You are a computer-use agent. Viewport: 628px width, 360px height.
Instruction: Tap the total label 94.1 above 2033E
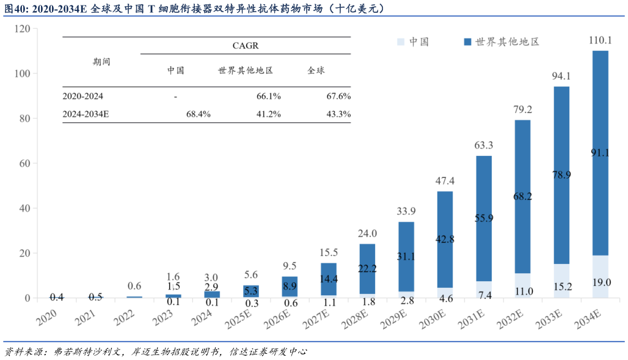click(561, 76)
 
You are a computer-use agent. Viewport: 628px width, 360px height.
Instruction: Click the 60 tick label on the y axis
click(25, 163)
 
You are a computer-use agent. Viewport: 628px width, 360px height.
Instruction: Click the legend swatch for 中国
click(401, 42)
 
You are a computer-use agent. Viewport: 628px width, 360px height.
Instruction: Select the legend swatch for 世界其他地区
click(467, 42)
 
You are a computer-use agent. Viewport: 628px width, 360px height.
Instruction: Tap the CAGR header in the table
click(246, 45)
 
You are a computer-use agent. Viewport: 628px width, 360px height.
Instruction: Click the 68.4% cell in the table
click(198, 114)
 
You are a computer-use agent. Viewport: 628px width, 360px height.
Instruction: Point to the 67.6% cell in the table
click(338, 96)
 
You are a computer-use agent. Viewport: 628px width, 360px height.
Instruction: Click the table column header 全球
click(316, 70)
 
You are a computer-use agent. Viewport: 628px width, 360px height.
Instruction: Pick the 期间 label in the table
click(101, 62)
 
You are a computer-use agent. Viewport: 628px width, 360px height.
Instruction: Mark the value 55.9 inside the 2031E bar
click(483, 218)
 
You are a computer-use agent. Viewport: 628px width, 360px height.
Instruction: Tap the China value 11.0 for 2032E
click(522, 292)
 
